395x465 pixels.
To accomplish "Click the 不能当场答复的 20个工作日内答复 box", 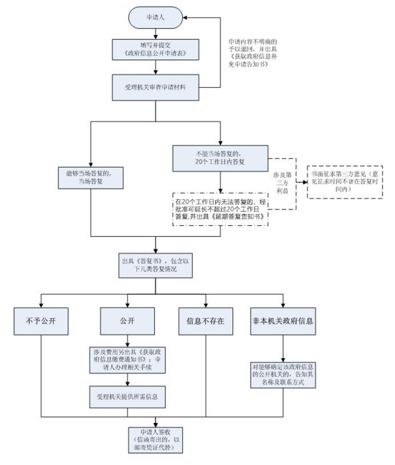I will (220, 157).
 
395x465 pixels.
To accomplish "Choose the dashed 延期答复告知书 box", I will (220, 210).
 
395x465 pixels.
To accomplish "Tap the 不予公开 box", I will (40, 320).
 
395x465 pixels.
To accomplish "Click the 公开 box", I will (128, 320).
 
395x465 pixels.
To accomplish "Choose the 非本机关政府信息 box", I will (283, 320).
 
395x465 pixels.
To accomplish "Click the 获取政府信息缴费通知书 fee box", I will (128, 359).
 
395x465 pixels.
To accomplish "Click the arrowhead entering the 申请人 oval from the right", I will (185, 17).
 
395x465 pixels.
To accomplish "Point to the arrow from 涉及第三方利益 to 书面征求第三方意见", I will (301, 182).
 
